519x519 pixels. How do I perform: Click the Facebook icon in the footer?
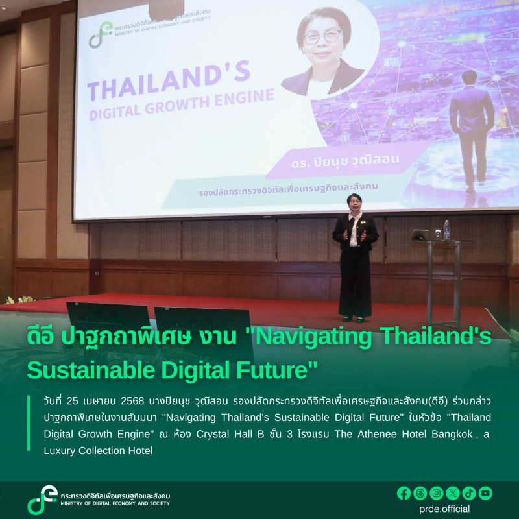point(404,493)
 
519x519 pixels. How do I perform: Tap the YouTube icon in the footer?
point(485,493)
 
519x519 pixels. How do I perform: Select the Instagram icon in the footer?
point(436,493)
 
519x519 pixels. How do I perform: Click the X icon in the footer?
point(453,493)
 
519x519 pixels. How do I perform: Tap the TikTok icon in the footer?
point(469,493)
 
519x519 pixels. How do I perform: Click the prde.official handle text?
point(445,509)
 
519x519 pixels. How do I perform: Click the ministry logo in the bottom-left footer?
point(42,500)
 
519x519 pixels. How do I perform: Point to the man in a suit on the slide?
point(471,130)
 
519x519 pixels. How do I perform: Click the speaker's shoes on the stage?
point(353,319)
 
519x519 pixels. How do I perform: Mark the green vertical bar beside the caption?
point(29,422)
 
